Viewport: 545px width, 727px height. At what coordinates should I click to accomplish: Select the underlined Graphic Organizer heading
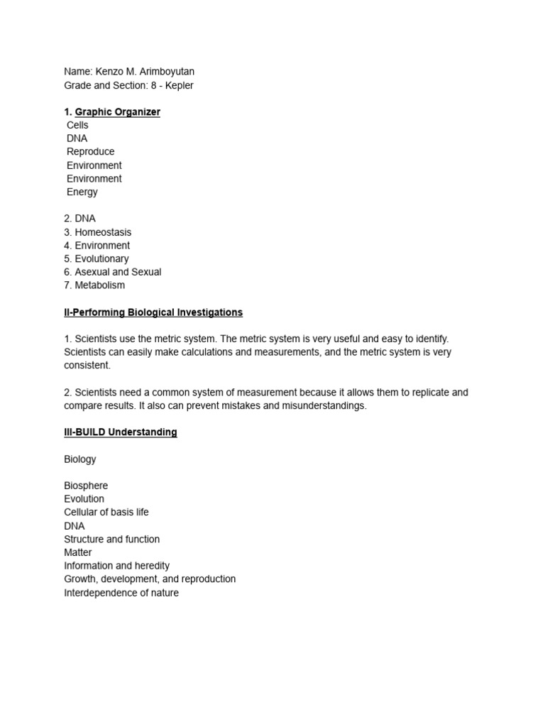(117, 112)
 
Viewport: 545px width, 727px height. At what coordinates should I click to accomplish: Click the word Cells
(77, 125)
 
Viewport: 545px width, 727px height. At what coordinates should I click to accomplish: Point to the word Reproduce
(90, 152)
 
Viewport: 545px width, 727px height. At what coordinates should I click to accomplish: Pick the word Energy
(82, 192)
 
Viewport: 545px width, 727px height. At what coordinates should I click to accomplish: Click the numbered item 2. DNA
(79, 219)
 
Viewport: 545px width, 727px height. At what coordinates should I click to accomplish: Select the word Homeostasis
(103, 232)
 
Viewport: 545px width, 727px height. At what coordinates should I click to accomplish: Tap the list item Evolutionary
(101, 259)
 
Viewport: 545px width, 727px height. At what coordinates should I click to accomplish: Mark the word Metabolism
(99, 285)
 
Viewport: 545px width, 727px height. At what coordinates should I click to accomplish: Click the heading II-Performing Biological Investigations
(153, 312)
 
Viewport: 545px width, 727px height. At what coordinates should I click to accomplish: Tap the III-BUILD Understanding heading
(121, 432)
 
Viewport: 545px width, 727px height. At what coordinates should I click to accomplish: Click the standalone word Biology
(79, 459)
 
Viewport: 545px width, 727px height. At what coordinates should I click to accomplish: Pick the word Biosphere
(86, 486)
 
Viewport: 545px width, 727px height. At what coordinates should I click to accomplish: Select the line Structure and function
(111, 539)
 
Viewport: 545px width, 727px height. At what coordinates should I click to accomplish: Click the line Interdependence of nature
(121, 593)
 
